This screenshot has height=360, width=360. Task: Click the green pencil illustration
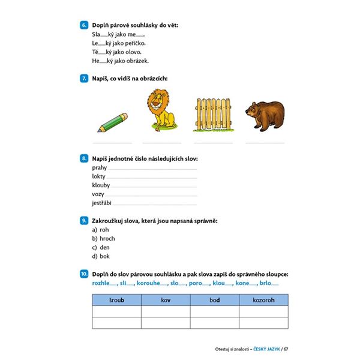[112, 122]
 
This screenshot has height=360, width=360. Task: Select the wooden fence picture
[213, 114]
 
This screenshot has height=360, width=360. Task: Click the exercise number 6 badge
[83, 25]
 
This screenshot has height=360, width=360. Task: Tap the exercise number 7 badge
[83, 79]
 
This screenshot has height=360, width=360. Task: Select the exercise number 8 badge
[83, 158]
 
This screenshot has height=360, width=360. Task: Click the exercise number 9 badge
[83, 221]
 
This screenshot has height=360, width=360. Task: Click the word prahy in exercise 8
[99, 167]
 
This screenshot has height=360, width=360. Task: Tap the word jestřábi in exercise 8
[102, 203]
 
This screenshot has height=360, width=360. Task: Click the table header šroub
[116, 300]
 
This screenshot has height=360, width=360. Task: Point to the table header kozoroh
[264, 300]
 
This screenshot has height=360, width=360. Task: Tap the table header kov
[166, 300]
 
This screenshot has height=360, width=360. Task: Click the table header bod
[215, 300]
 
